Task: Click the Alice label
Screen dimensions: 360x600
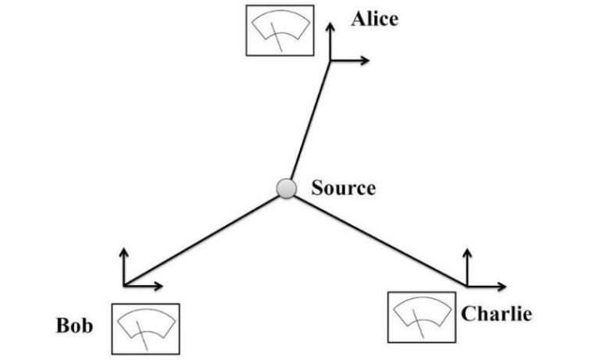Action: pos(374,19)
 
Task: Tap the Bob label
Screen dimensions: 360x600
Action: pos(75,326)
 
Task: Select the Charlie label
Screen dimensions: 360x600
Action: pos(497,315)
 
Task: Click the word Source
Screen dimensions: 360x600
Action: pos(343,188)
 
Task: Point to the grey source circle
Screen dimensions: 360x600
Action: pos(287,188)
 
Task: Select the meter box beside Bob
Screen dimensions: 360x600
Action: pos(145,329)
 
